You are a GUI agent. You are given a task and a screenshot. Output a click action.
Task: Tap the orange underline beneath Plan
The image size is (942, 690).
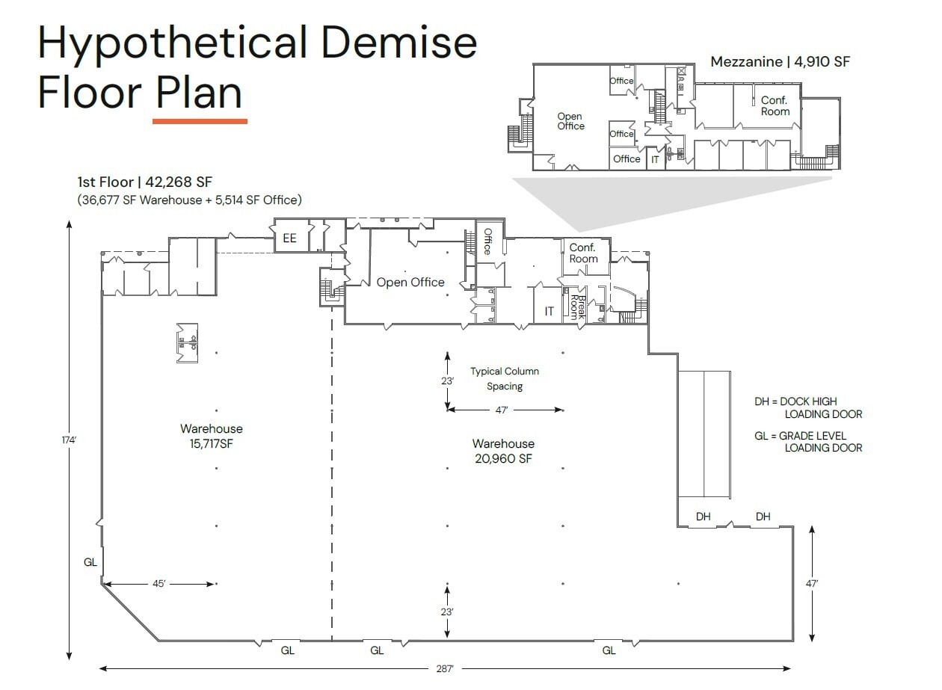(200, 120)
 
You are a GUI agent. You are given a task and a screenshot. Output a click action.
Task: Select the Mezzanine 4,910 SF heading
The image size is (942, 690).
(780, 62)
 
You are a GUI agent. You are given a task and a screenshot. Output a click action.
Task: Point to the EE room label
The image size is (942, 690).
(289, 239)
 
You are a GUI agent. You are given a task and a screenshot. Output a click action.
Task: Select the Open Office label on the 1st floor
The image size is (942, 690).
(410, 283)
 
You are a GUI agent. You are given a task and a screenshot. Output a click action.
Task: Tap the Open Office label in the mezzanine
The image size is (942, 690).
(570, 121)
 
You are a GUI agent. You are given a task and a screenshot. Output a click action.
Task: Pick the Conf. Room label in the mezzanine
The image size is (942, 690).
(775, 106)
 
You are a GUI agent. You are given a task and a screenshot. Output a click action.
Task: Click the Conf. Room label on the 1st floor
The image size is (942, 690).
(584, 253)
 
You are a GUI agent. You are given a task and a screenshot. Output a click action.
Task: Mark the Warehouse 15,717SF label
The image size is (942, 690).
(212, 435)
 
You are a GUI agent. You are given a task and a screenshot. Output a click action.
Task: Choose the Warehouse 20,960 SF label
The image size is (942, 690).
(503, 452)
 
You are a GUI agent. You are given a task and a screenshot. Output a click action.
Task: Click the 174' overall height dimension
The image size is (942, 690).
(69, 440)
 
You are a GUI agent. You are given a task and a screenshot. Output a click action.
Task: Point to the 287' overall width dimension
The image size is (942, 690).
(445, 669)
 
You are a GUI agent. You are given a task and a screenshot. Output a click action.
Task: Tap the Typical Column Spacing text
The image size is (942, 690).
(505, 379)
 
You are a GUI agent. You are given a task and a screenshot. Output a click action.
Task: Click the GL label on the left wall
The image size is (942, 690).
(90, 562)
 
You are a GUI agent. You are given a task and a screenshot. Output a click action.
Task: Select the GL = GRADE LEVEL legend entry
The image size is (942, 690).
(807, 442)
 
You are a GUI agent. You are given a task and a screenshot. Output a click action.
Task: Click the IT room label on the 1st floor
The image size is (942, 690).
(549, 311)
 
